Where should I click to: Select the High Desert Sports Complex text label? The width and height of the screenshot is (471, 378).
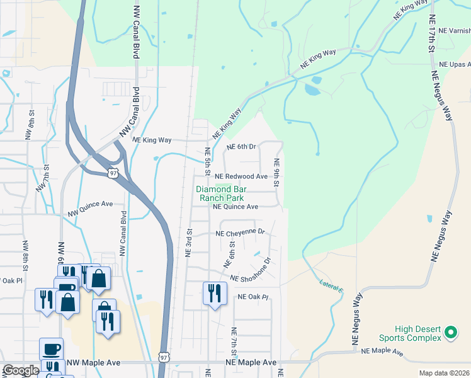tap(418, 333)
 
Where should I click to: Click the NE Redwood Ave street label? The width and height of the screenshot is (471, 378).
tap(241, 177)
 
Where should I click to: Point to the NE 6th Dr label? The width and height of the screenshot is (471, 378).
tap(241, 147)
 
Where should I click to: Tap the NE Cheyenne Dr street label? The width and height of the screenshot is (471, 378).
tap(240, 232)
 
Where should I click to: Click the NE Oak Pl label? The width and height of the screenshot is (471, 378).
tap(253, 297)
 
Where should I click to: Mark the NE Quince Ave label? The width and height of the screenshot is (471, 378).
tap(235, 207)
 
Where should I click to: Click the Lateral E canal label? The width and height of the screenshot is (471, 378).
tap(332, 285)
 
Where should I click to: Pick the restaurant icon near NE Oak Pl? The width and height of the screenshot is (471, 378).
tap(214, 294)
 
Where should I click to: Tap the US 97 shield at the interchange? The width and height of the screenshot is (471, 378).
tap(112, 172)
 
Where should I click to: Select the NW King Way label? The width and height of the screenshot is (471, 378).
tap(153, 141)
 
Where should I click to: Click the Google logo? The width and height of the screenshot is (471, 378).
tap(21, 370)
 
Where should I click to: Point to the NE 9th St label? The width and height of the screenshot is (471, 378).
tap(276, 172)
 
